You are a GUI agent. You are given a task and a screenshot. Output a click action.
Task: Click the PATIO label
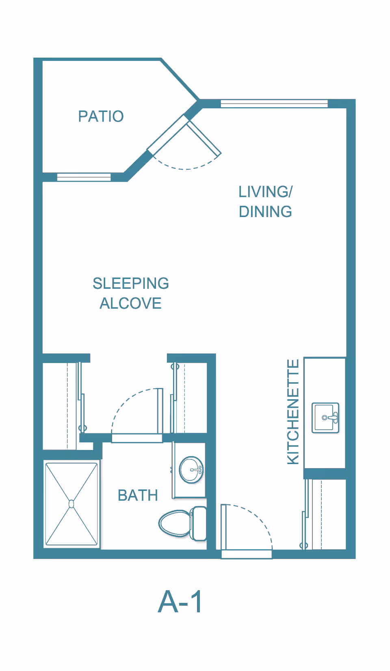click(x=101, y=116)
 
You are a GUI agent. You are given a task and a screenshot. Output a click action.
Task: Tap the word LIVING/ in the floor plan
click(x=266, y=192)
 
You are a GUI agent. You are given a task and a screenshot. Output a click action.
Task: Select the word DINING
click(x=266, y=211)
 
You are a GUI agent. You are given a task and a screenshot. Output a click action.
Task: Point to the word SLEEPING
click(x=131, y=284)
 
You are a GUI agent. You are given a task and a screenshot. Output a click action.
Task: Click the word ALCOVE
click(x=131, y=303)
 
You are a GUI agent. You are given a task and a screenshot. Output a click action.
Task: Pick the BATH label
click(x=138, y=495)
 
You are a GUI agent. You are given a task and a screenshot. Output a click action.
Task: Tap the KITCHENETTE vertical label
click(x=293, y=412)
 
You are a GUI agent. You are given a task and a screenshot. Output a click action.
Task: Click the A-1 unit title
click(x=180, y=602)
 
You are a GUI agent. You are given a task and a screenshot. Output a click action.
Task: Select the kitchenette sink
click(x=325, y=417)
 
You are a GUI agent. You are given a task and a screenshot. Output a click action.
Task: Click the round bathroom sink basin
click(x=191, y=470)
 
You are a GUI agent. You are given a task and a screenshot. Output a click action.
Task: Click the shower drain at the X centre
click(x=71, y=504)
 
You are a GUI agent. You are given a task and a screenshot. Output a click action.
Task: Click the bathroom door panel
click(x=160, y=411)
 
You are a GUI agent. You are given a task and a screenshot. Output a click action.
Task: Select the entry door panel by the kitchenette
click(x=223, y=527)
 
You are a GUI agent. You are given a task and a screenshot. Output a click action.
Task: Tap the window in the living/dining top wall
click(x=274, y=103)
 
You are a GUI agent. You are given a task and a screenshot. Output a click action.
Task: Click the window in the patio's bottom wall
click(x=84, y=177)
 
